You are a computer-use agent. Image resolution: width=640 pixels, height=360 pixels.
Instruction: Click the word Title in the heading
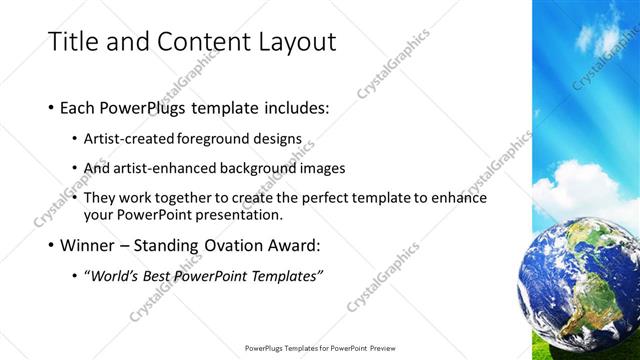click(x=72, y=42)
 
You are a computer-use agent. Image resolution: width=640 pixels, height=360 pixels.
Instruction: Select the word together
click(x=201, y=197)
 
